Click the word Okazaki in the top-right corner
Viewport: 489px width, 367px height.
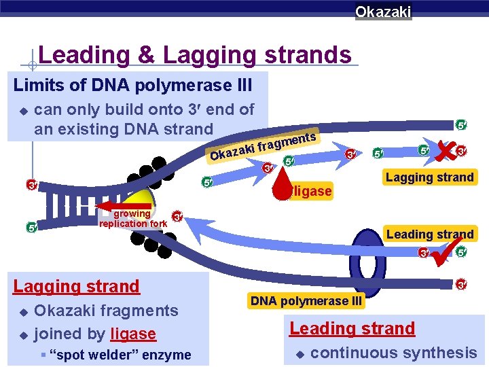[x=383, y=12]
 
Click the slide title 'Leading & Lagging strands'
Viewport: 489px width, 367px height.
[x=195, y=54]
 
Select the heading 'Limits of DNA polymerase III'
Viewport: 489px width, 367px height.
[x=133, y=86]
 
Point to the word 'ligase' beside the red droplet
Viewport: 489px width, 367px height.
[x=313, y=192]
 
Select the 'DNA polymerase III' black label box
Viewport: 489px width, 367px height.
[x=307, y=300]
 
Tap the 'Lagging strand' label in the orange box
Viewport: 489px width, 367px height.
[x=429, y=177]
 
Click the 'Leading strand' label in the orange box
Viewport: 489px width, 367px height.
[x=429, y=234]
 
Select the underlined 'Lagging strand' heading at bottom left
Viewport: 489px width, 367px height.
[x=76, y=286]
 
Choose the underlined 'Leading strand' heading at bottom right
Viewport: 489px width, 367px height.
[x=352, y=328]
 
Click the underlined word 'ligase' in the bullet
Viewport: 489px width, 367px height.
[x=133, y=334]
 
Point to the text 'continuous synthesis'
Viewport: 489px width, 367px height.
[x=393, y=352]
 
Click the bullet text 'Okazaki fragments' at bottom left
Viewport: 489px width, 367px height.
[x=106, y=311]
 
